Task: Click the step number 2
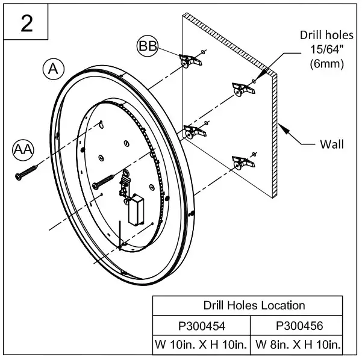pos(27,23)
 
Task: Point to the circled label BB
pos(148,46)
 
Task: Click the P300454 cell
pos(202,326)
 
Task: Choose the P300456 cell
pos(299,326)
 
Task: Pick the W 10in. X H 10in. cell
pos(202,345)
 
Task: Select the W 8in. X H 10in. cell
pos(299,345)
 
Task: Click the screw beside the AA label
pos(25,171)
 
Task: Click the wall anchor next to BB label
pos(189,60)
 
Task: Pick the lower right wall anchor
pos(242,161)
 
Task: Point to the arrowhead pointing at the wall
pos(284,129)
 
